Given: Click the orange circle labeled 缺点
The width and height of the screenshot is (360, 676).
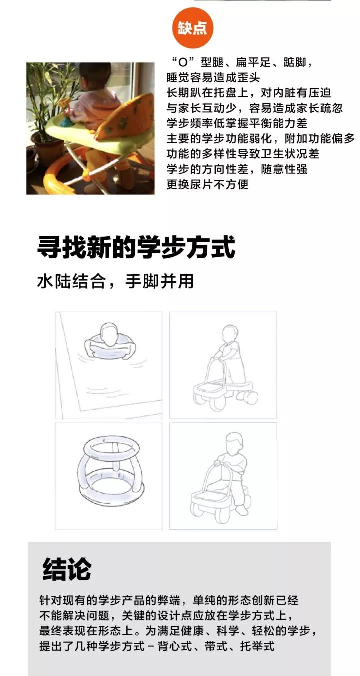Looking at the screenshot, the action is [x=192, y=28].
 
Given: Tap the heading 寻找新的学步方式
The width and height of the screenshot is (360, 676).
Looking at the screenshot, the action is [x=136, y=248].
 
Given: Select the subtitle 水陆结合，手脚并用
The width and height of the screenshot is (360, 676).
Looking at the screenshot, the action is [x=115, y=281].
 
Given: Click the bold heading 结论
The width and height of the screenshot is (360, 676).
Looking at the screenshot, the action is [x=67, y=569].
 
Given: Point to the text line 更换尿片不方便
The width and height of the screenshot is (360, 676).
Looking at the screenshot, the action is [x=207, y=184].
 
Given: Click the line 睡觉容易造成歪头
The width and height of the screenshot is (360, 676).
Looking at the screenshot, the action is [x=213, y=78].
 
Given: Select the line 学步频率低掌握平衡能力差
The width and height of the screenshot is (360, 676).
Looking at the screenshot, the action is [x=237, y=123].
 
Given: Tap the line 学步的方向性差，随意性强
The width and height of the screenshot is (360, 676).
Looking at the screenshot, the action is [x=237, y=169].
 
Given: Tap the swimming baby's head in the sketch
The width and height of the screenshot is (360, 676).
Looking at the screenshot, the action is [x=109, y=335].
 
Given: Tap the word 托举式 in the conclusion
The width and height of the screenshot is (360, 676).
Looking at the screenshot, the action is [x=258, y=646].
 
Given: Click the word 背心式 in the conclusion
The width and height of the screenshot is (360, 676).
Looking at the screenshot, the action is [x=175, y=646].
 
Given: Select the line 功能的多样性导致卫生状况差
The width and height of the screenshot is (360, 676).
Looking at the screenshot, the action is [x=243, y=154].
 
